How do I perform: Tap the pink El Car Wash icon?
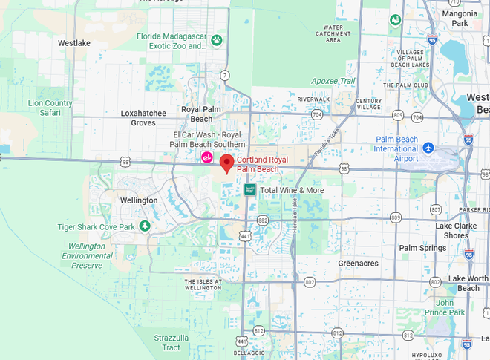[x=207, y=157]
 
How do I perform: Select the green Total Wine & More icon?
[x=250, y=190]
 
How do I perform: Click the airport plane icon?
[x=428, y=148]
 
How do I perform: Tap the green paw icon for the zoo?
[x=217, y=40]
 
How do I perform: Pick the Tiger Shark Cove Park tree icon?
[x=145, y=226]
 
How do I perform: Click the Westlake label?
[x=74, y=43]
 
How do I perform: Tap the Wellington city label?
[x=139, y=200]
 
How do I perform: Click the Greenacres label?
[x=358, y=263]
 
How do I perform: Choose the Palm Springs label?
[x=422, y=248]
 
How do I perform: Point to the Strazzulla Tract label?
[x=171, y=342]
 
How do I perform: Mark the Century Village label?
[x=369, y=105]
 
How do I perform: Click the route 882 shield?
[x=262, y=220]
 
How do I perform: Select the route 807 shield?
[x=435, y=209]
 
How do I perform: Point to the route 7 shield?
[x=224, y=75]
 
